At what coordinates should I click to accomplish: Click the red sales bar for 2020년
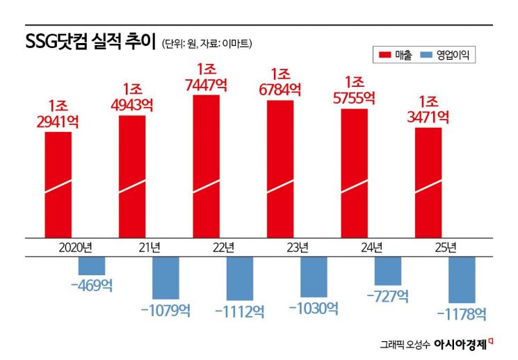(x=58, y=183)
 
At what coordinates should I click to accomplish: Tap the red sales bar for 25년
(x=428, y=181)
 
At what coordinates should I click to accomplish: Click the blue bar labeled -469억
(x=91, y=265)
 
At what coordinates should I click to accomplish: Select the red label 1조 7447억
(x=206, y=78)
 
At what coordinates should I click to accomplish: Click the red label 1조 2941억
(x=58, y=114)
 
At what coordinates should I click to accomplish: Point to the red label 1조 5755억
(x=355, y=91)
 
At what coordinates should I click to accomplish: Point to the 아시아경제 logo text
(x=459, y=343)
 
